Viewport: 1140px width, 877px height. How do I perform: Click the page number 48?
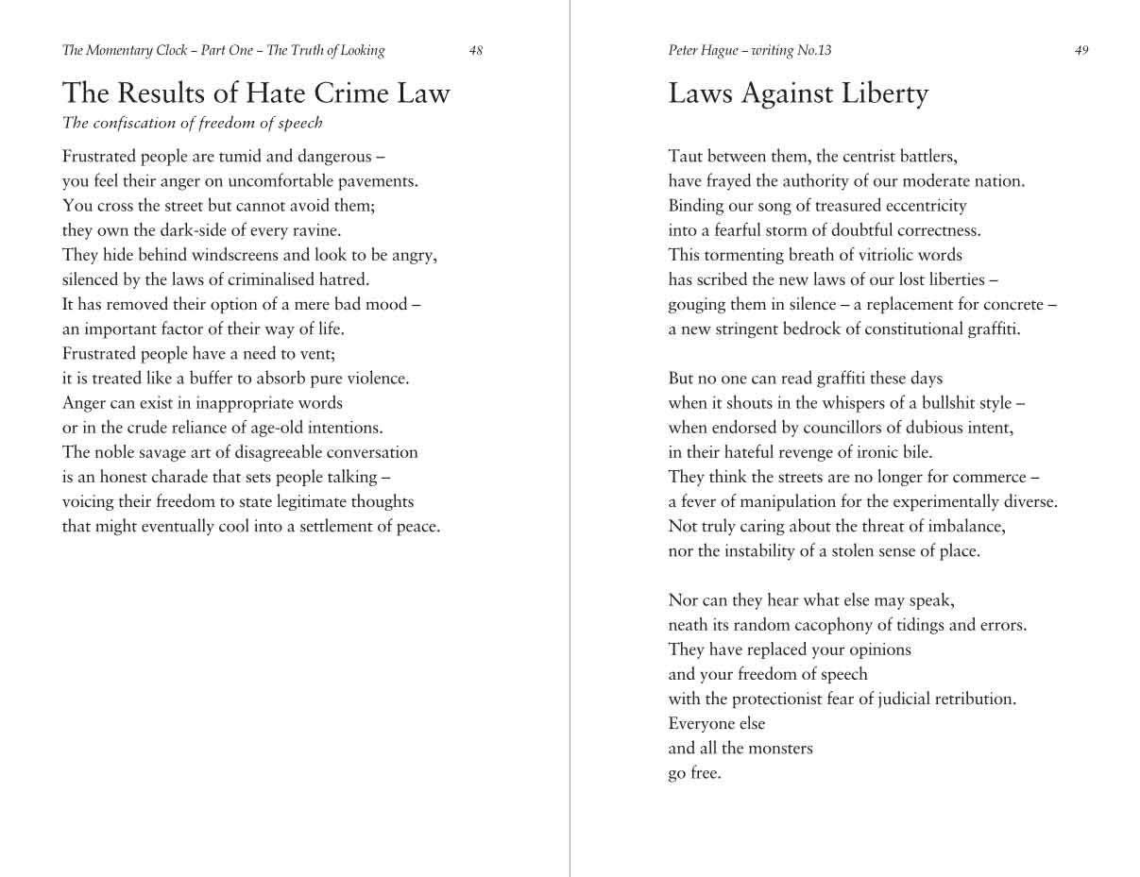coord(475,51)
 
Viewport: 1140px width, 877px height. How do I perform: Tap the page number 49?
coord(1081,51)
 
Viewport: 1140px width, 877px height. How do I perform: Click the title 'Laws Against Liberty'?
coord(798,93)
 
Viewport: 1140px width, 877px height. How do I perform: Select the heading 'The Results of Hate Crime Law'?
coord(256,93)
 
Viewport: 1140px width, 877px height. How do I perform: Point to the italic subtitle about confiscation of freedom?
coord(192,123)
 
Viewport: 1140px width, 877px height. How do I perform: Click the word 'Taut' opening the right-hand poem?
coord(685,157)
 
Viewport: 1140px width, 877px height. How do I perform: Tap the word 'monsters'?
coord(780,749)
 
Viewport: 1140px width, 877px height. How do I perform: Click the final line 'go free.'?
coord(694,773)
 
